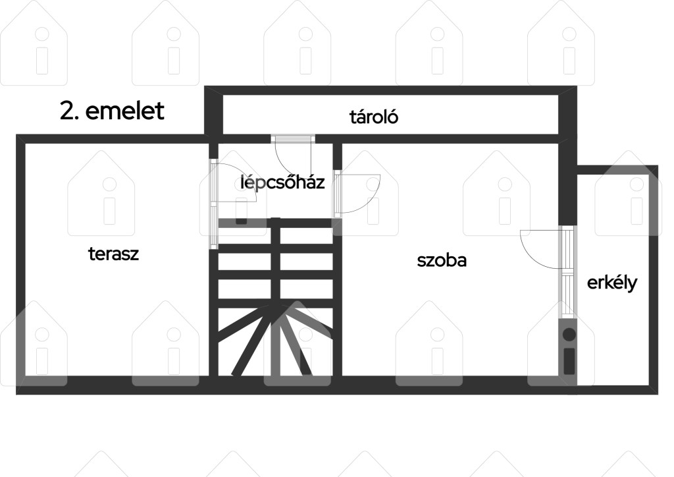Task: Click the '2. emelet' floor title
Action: coord(112,111)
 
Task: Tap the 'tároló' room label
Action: coord(374,117)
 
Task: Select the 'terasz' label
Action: coord(113,254)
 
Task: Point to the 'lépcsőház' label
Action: coord(282,182)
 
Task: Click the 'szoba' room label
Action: coord(442,260)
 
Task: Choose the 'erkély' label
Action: coord(612,283)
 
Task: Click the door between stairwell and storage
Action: coord(293,155)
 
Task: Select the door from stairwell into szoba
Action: coord(357,194)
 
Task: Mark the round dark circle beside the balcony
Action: coord(569,334)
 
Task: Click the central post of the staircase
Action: coord(276,296)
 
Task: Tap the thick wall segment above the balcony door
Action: coord(567,181)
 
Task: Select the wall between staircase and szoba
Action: coord(338,296)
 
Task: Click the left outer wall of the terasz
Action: coord(20,264)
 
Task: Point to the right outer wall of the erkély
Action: coord(654,279)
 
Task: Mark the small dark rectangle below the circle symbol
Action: coord(569,360)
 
